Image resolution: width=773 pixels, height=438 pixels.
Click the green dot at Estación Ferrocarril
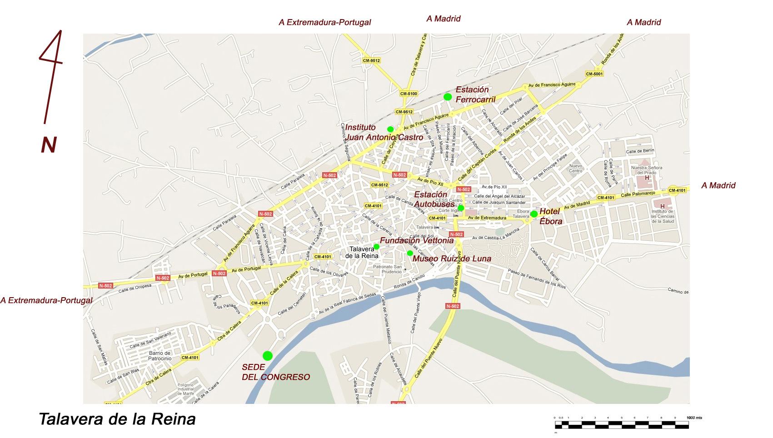(448, 96)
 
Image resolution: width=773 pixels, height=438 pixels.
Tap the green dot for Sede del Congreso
(268, 356)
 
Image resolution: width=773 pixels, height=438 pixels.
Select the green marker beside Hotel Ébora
(534, 214)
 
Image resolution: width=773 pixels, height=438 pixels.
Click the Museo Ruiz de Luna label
(452, 259)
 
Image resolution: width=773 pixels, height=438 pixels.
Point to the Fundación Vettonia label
(416, 240)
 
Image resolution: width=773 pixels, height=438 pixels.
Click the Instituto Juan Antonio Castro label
(384, 132)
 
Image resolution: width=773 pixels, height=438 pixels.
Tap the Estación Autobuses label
(434, 199)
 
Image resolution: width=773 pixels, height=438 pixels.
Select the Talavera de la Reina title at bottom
(117, 418)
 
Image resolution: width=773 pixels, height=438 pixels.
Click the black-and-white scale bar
(621, 425)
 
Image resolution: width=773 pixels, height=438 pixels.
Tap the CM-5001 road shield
(594, 74)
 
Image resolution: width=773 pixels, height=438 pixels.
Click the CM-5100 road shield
(409, 94)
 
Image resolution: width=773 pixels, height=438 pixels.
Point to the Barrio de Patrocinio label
(159, 356)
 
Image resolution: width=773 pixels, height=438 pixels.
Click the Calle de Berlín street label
(640, 151)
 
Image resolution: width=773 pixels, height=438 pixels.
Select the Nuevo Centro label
(575, 168)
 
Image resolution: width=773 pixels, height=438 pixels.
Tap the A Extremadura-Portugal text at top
(324, 22)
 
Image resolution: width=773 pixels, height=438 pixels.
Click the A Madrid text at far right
(718, 185)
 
